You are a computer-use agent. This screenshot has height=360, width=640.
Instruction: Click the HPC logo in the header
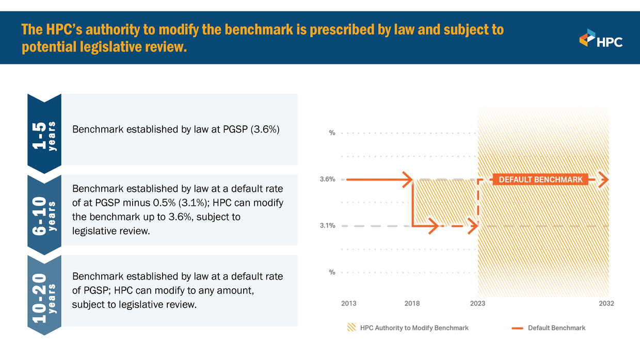(x=601, y=38)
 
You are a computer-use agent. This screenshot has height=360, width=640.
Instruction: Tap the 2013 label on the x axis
(x=348, y=304)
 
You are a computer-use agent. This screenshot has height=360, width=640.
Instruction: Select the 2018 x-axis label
(x=412, y=304)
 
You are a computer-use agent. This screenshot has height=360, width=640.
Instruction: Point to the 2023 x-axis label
(x=477, y=304)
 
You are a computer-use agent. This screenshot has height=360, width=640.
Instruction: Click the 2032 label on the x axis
(x=606, y=304)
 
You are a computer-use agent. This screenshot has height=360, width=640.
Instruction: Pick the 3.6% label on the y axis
(x=327, y=179)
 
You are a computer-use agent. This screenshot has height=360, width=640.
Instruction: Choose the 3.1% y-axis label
(x=327, y=226)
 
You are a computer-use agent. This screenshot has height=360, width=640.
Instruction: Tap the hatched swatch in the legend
(x=351, y=328)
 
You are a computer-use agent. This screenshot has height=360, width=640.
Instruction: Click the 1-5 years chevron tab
(x=44, y=133)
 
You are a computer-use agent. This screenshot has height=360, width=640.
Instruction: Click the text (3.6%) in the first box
(x=265, y=129)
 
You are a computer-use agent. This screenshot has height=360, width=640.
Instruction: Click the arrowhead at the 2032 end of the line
(x=605, y=179)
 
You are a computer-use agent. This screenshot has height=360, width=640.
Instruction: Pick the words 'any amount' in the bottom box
(x=229, y=291)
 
